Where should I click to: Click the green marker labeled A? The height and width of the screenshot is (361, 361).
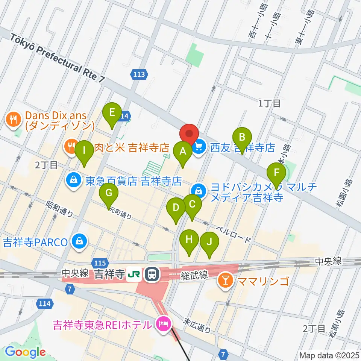[183, 152]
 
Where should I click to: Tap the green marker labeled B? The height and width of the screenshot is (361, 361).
[243, 137]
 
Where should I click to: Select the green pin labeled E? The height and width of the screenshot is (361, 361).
[112, 113]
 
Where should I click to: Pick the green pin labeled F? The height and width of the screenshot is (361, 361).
[276, 173]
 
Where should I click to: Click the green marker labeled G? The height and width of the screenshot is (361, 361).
[109, 194]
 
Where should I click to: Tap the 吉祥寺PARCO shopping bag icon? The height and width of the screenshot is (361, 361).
[80, 242]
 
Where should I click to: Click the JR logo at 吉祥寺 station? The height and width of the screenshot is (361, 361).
[132, 274]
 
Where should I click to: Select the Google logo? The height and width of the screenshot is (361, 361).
[25, 352]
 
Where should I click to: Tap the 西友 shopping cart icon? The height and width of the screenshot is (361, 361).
[199, 146]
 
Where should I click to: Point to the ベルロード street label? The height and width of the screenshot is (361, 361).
[234, 234]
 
